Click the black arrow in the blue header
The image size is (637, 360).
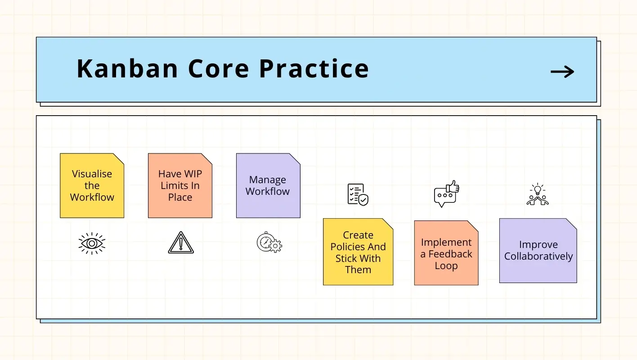[562, 72]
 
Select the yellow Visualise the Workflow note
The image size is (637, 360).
[92, 186]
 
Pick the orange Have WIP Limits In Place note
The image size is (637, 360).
[180, 186]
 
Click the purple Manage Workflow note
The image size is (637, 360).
[268, 186]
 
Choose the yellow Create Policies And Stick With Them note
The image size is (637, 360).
[358, 252]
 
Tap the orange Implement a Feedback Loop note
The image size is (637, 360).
[446, 253]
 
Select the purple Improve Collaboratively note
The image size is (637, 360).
[538, 251]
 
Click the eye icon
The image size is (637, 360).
[92, 243]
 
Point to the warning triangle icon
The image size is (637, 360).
[181, 243]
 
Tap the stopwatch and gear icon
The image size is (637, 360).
[269, 242]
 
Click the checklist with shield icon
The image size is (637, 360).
[358, 194]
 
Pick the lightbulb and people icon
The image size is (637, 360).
[538, 194]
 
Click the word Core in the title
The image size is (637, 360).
[218, 69]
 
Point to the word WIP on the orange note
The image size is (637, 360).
[193, 174]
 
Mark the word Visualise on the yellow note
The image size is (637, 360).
[92, 174]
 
